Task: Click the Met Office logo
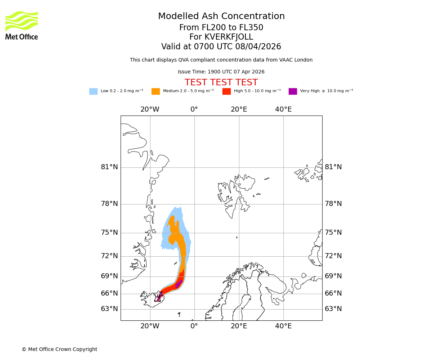click(22, 25)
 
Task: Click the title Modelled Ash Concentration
click(221, 17)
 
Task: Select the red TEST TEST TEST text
click(221, 83)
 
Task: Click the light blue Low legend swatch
click(93, 91)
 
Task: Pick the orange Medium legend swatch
click(156, 91)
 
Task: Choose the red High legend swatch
click(226, 91)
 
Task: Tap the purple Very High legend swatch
click(293, 91)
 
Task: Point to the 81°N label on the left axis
click(109, 167)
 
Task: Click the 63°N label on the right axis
click(333, 309)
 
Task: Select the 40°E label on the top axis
click(283, 109)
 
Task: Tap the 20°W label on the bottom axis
click(150, 326)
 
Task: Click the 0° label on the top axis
click(194, 109)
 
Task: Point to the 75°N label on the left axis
click(109, 233)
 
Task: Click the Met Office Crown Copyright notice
click(59, 350)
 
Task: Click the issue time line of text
click(221, 72)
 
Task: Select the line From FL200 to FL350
click(221, 28)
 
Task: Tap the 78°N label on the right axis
click(333, 204)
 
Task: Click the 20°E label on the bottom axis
click(239, 326)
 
